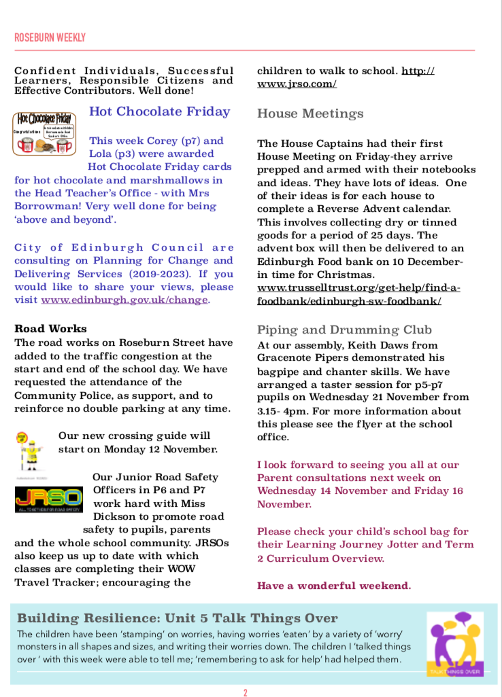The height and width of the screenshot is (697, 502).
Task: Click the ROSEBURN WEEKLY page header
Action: tap(50, 37)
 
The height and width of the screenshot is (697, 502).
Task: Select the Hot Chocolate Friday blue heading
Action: tap(159, 111)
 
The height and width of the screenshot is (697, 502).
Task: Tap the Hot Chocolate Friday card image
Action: tap(46, 133)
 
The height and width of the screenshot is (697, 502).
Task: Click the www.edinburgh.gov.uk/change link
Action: tap(124, 300)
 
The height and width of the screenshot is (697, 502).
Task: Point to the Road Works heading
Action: tap(50, 329)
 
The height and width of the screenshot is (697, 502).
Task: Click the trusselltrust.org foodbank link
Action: tap(358, 294)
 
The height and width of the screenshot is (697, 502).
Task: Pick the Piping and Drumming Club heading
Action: tap(344, 330)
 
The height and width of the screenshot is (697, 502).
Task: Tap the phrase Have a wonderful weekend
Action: tap(334, 585)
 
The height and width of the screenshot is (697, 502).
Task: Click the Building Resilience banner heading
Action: tap(177, 618)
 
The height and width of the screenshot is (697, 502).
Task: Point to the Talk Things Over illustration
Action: tap(454, 643)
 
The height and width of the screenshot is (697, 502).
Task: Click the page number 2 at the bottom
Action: tap(246, 692)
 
